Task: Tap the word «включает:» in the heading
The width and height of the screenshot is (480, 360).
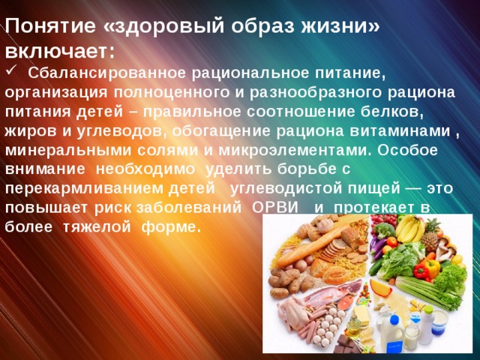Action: tap(60, 51)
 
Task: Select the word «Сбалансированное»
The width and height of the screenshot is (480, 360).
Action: tap(107, 73)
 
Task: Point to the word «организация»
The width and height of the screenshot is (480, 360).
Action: tap(56, 93)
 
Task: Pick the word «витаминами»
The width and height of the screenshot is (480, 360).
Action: tap(400, 130)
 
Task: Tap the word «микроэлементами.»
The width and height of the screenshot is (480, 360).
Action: tap(295, 151)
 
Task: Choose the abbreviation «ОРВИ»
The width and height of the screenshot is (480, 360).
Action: tap(275, 208)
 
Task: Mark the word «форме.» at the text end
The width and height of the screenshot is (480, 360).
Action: tap(172, 227)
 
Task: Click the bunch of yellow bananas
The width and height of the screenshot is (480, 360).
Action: tap(409, 228)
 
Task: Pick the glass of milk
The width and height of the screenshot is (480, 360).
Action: tap(411, 337)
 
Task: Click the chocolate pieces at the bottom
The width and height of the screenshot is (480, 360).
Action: tap(346, 345)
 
